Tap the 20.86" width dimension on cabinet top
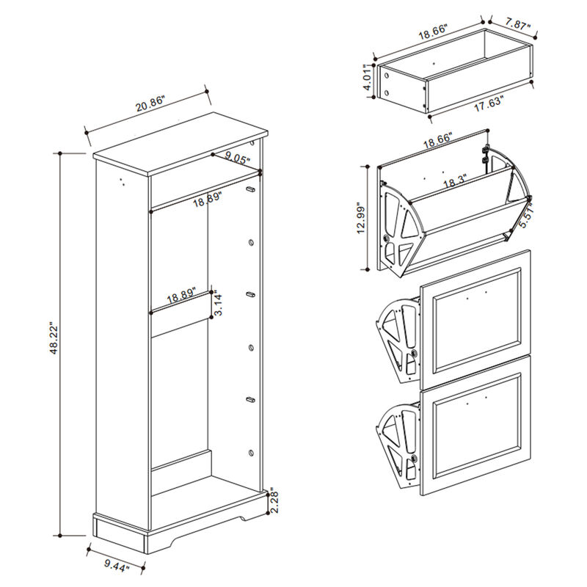[x=150, y=106]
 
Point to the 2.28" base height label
[x=272, y=505]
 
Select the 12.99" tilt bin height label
[x=360, y=218]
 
